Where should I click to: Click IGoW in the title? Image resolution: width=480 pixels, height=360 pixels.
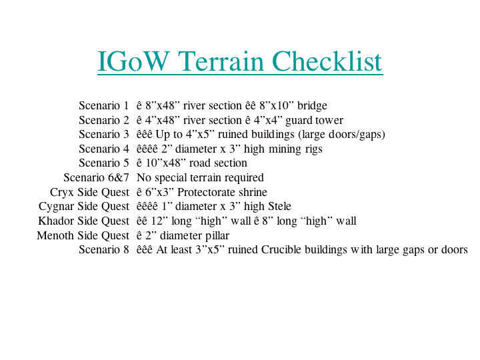click(133, 61)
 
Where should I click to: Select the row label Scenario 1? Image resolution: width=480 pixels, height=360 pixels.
click(104, 105)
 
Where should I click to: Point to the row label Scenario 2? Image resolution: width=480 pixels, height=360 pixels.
click(104, 120)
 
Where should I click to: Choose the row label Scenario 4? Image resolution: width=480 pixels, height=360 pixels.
click(104, 149)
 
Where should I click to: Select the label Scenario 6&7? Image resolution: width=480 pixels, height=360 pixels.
click(96, 177)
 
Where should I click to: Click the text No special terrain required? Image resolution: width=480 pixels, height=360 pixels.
click(200, 177)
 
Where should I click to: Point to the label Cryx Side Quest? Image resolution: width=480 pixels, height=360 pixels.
click(89, 192)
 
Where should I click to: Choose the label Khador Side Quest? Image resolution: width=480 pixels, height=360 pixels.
click(83, 221)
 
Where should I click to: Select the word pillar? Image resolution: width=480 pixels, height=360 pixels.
click(217, 236)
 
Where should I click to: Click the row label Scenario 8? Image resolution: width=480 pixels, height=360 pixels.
click(104, 249)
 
